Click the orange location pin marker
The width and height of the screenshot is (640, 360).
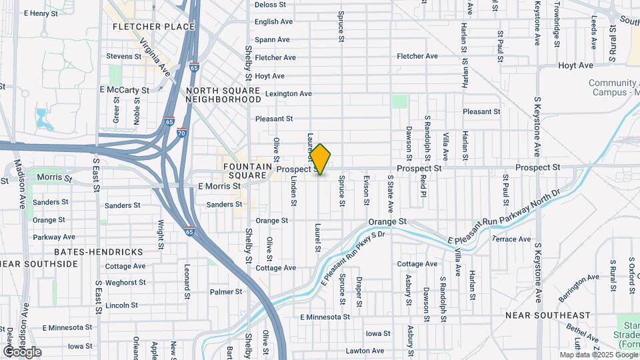(x=321, y=159)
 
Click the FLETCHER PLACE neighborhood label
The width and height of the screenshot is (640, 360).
(x=153, y=27)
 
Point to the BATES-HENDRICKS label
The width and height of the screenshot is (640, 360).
(x=99, y=252)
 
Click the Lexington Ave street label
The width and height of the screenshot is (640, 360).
(x=288, y=94)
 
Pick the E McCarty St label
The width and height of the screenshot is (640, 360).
(x=124, y=90)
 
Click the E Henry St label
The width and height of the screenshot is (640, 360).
(x=45, y=13)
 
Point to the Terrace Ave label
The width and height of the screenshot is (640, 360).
(x=511, y=239)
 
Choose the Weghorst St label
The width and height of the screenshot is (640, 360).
(x=125, y=283)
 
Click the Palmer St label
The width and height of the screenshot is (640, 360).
(x=225, y=292)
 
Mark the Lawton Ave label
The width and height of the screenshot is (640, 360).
(x=365, y=351)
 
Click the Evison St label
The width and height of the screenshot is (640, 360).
(x=366, y=190)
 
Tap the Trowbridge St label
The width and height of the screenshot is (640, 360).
(x=556, y=23)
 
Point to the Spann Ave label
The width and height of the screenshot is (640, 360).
(x=273, y=40)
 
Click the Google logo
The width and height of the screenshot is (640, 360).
(x=22, y=351)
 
